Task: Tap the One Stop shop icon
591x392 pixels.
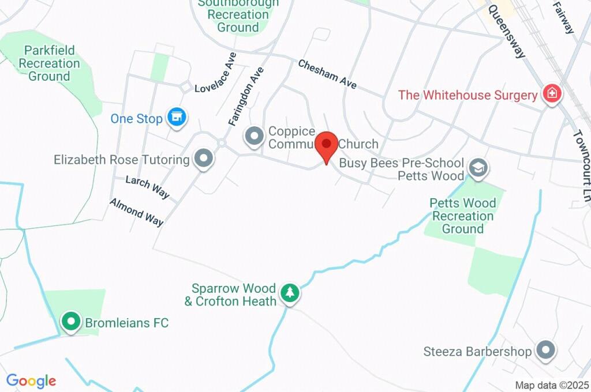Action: tap(177, 118)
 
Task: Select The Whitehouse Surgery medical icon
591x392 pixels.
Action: tap(552, 95)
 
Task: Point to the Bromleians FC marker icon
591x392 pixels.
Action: tap(71, 322)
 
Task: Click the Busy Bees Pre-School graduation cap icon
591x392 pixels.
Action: tap(478, 168)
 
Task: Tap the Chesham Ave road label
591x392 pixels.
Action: tap(327, 74)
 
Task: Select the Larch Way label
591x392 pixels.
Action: tap(148, 187)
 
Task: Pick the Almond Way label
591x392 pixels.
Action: tap(136, 212)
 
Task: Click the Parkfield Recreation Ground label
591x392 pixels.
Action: tap(49, 63)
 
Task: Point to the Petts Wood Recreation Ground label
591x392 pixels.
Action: tap(463, 216)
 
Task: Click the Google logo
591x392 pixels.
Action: tap(31, 380)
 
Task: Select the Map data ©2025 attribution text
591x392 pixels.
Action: tap(551, 385)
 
